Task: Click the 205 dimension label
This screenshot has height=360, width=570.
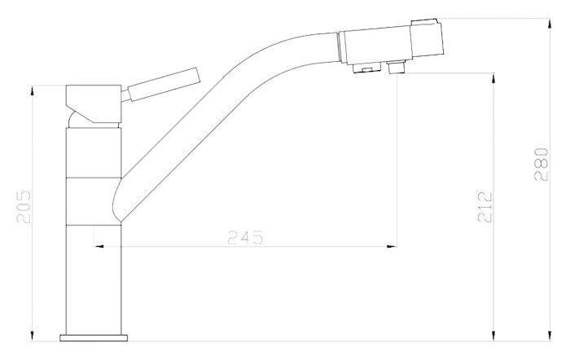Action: pyautogui.click(x=24, y=207)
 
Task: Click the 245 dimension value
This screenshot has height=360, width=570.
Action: pyautogui.click(x=245, y=238)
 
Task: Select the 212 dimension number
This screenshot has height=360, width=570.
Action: pyautogui.click(x=484, y=207)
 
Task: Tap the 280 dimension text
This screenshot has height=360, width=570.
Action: pyautogui.click(x=541, y=165)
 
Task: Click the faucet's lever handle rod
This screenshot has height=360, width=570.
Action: pyautogui.click(x=164, y=84)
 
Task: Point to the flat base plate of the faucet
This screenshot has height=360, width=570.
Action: pyautogui.click(x=94, y=338)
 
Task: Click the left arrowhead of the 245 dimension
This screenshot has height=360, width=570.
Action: pyautogui.click(x=99, y=247)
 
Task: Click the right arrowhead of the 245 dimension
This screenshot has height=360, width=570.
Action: pyautogui.click(x=392, y=247)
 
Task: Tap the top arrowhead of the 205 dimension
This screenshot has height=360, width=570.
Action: pyautogui.click(x=32, y=90)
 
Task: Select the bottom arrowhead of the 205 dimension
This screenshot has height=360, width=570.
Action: pyautogui.click(x=32, y=336)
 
